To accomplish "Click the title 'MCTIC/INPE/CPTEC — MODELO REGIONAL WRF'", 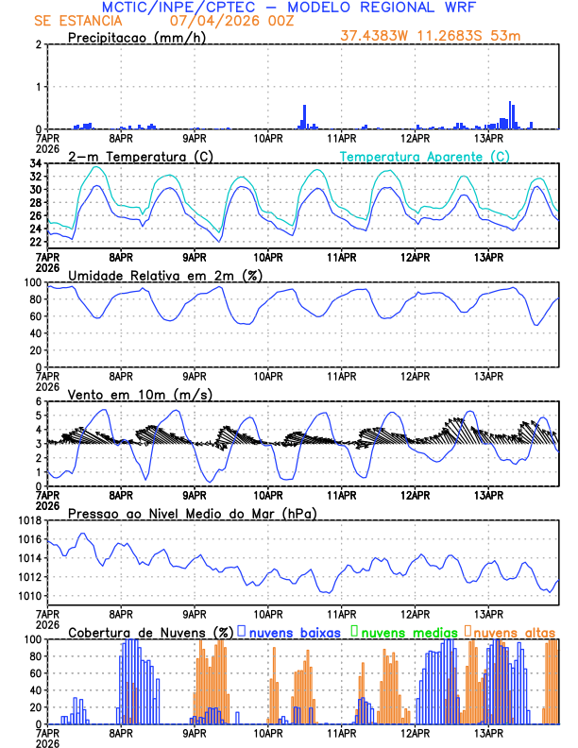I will [289, 8].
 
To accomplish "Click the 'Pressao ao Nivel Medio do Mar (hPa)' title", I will [192, 513].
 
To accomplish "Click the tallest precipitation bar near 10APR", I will [304, 116].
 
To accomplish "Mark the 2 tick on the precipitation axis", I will [38, 44].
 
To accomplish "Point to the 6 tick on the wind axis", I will [38, 401].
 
